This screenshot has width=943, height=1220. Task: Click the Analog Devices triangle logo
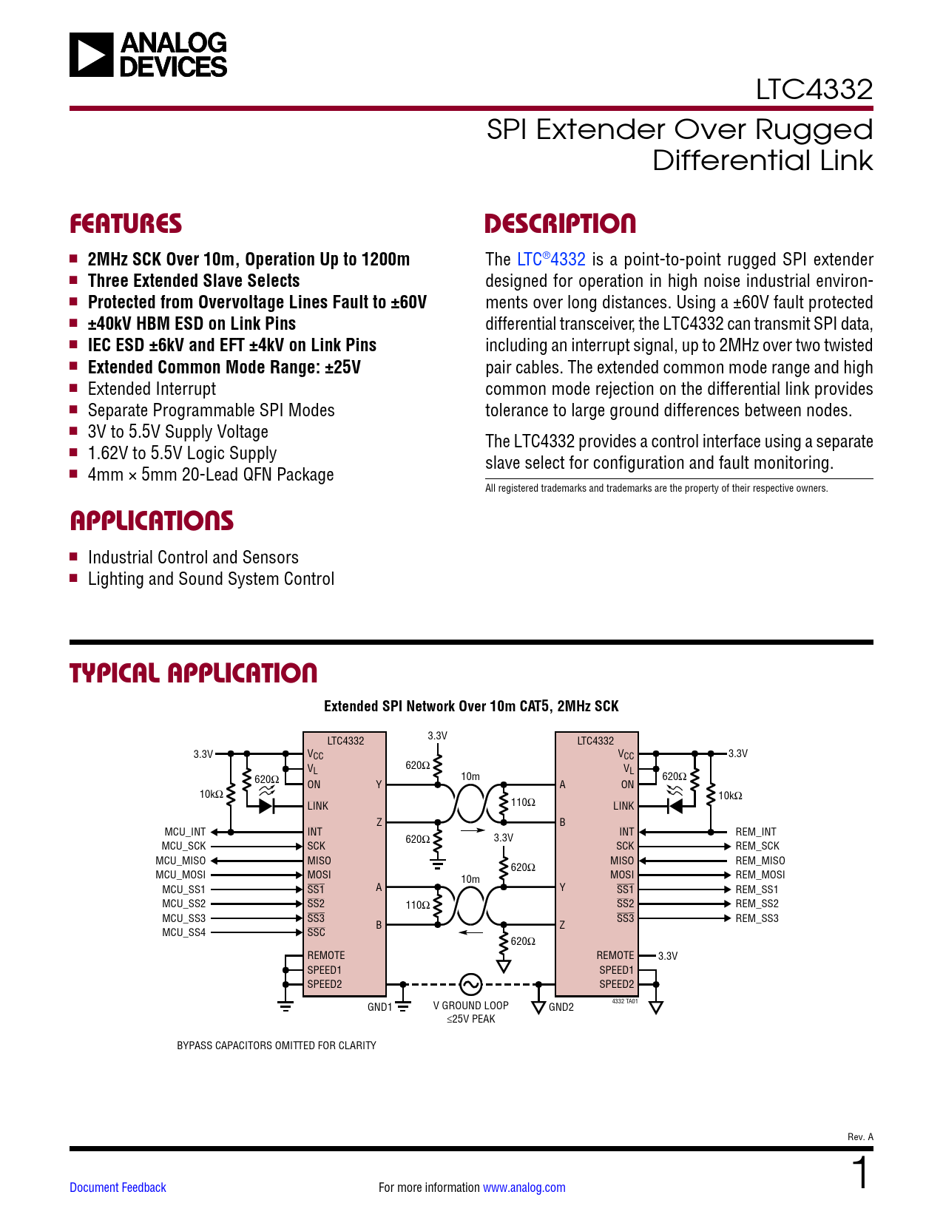[92, 55]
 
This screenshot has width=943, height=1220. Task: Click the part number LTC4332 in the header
[814, 89]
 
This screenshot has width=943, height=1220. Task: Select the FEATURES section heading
[126, 224]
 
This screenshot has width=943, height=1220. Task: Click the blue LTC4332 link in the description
[551, 260]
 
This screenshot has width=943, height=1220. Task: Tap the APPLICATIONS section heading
[152, 521]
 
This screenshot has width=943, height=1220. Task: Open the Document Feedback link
[118, 1187]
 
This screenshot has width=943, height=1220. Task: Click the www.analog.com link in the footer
[524, 1187]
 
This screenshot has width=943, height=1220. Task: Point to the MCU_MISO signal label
[180, 861]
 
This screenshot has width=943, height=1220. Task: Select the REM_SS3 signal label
[757, 918]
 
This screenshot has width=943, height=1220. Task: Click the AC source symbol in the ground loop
[470, 984]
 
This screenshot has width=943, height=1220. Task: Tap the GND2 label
[561, 1007]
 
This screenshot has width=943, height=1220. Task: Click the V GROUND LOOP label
[470, 1006]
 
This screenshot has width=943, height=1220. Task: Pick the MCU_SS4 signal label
[183, 932]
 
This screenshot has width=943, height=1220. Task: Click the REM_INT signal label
[756, 832]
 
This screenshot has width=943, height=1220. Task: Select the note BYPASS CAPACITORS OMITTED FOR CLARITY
[277, 1046]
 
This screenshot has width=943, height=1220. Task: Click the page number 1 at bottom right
[861, 1173]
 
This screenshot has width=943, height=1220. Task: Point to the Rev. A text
[860, 1137]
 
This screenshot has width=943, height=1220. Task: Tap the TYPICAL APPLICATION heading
[193, 674]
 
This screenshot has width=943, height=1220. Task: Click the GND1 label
[379, 1007]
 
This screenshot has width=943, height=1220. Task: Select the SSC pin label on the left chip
[316, 932]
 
